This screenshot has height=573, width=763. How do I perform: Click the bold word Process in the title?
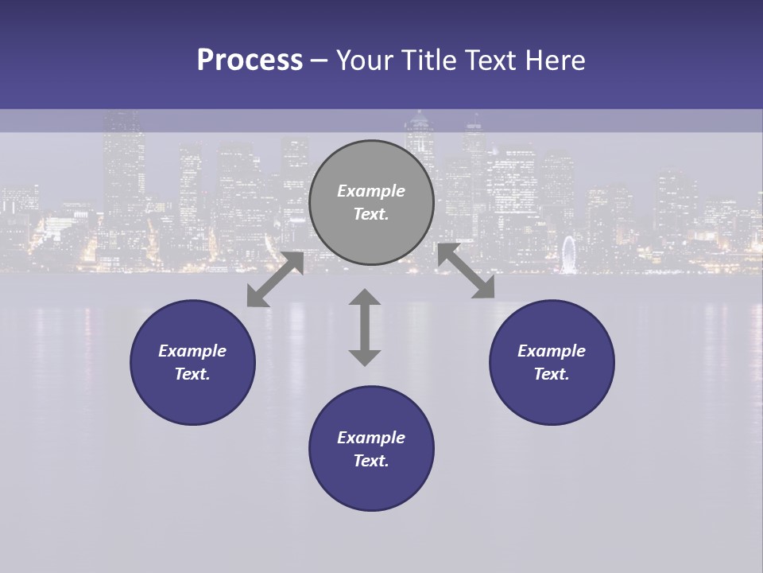pyautogui.click(x=250, y=60)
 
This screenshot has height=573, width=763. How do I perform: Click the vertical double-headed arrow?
pyautogui.click(x=365, y=327)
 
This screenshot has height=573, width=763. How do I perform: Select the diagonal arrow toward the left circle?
pyautogui.click(x=275, y=279)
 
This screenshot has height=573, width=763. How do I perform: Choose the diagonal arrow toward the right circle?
pyautogui.click(x=467, y=271)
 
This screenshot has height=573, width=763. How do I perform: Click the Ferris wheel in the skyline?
pyautogui.click(x=568, y=254)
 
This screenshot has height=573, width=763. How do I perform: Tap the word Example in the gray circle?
pyautogui.click(x=371, y=191)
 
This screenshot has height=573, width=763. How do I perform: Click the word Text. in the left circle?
pyautogui.click(x=192, y=374)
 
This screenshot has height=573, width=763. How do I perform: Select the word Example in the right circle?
pyautogui.click(x=552, y=351)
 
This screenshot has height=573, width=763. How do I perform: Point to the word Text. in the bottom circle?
pyautogui.click(x=371, y=461)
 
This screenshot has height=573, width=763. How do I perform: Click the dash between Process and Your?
pyautogui.click(x=319, y=60)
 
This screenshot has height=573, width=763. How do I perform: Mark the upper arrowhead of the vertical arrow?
pyautogui.click(x=365, y=298)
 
